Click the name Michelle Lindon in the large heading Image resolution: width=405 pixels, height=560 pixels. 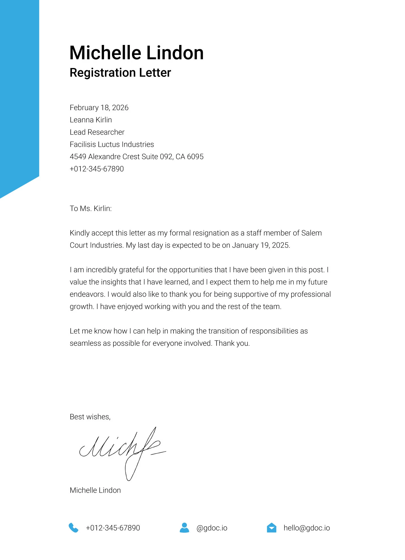(x=137, y=53)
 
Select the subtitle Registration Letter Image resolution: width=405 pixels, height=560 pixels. (x=120, y=73)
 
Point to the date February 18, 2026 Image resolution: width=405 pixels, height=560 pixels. (x=99, y=108)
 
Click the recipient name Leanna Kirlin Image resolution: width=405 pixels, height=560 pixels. (x=91, y=120)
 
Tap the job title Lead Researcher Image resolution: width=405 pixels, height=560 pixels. (x=97, y=132)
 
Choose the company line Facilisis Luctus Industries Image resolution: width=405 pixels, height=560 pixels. (x=112, y=144)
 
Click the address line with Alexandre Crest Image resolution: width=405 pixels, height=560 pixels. (x=137, y=157)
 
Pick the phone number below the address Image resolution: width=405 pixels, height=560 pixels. (x=97, y=169)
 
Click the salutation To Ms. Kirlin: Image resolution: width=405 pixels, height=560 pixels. (x=91, y=208)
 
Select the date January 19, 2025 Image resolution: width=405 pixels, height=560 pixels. (x=261, y=245)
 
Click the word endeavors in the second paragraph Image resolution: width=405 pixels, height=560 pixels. (x=87, y=294)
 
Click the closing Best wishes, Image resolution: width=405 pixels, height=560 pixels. (x=90, y=417)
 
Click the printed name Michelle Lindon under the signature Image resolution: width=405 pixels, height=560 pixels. (x=95, y=490)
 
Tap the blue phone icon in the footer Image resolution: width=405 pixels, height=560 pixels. (x=73, y=528)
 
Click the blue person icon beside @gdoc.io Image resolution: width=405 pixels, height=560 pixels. (x=184, y=528)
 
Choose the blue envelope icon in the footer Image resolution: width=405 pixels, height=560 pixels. (x=272, y=528)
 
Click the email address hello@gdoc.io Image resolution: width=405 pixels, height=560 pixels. (x=307, y=528)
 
